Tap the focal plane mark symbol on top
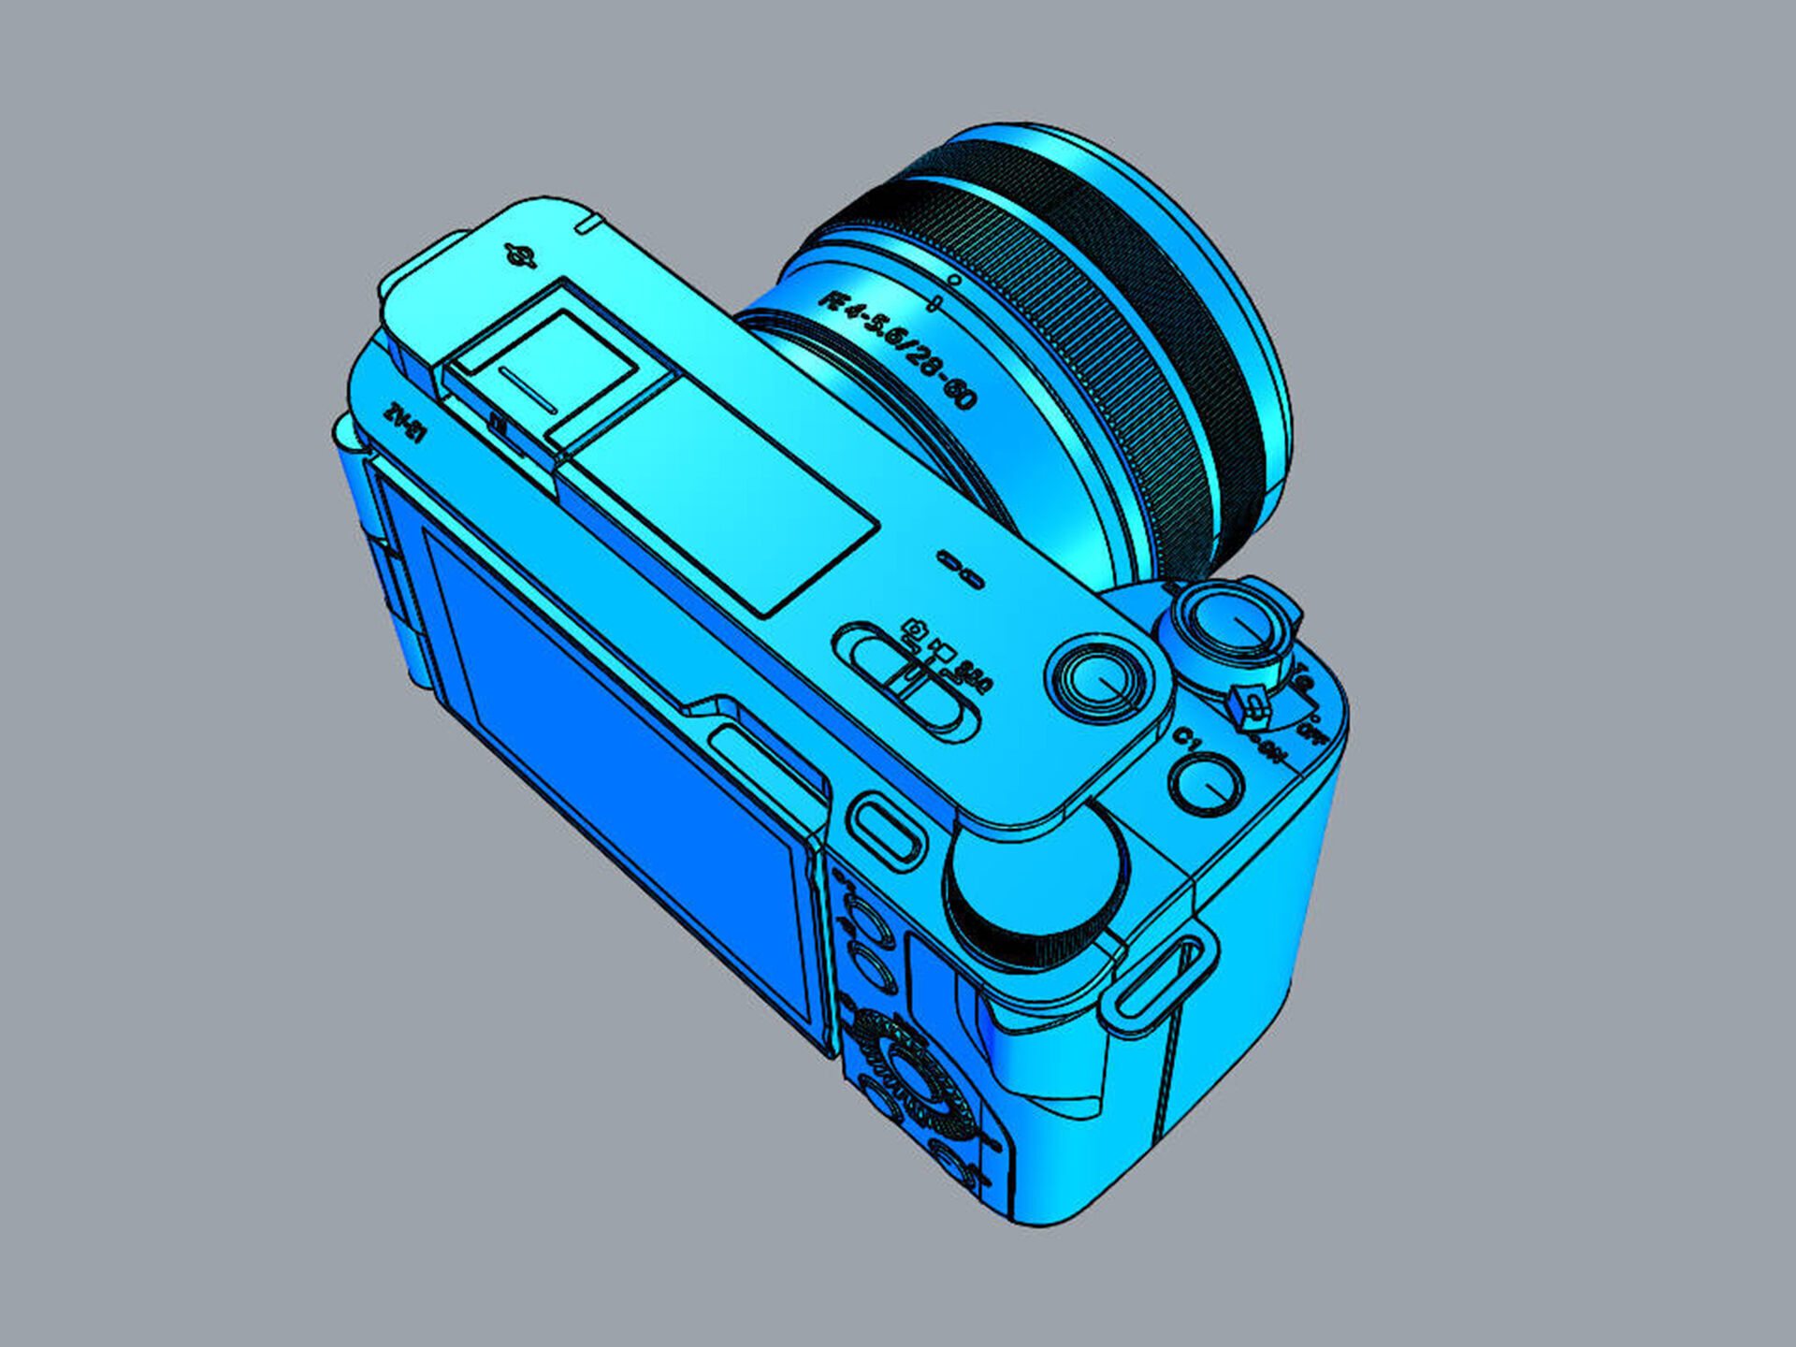[x=520, y=255]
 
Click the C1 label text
[x=1187, y=739]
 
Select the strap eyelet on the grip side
[x=1160, y=978]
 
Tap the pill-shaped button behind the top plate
[x=885, y=827]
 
